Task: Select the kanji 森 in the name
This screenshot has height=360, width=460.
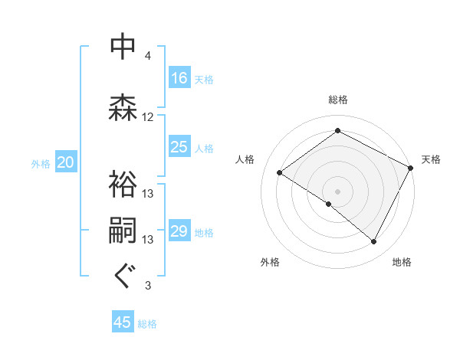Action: click(x=122, y=106)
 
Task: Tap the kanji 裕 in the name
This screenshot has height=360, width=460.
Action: click(x=122, y=183)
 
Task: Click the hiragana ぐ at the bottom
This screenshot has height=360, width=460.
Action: click(x=122, y=275)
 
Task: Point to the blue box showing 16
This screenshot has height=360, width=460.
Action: click(x=179, y=77)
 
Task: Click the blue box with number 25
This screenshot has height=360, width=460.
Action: click(x=179, y=147)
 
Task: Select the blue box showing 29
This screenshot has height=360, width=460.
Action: click(x=179, y=231)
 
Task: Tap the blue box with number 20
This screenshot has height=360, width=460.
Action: click(x=66, y=162)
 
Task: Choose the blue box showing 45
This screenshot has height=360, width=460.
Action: click(x=123, y=322)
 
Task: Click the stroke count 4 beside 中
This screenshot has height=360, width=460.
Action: click(x=148, y=56)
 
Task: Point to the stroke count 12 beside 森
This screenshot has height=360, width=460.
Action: click(x=148, y=117)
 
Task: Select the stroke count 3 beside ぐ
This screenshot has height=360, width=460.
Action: click(x=148, y=286)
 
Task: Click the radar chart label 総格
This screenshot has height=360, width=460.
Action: click(x=337, y=100)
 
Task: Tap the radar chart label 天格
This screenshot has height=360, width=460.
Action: click(x=431, y=159)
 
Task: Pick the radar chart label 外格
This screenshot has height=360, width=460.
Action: click(x=270, y=263)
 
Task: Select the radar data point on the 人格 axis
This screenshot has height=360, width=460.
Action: click(x=280, y=172)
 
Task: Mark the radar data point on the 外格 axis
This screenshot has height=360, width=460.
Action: click(x=329, y=204)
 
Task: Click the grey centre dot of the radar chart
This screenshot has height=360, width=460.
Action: click(x=337, y=191)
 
